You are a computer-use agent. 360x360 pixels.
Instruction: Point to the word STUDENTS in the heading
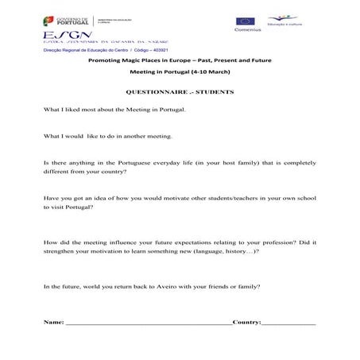click(x=212, y=92)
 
